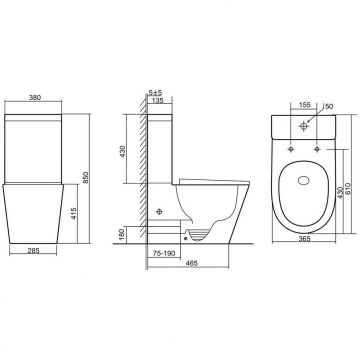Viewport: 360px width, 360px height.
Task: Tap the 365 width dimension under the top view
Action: tap(301, 266)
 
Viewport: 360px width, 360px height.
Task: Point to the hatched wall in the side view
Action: tap(144, 170)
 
